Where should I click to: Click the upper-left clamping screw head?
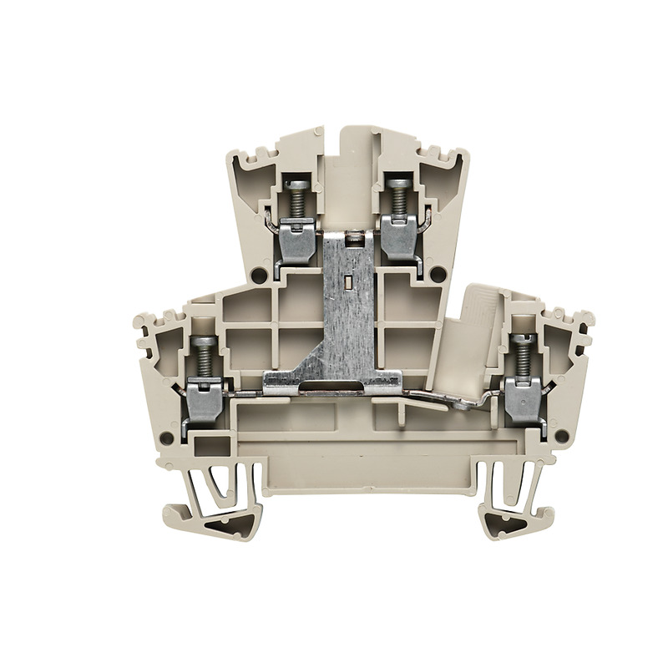tap(296, 184)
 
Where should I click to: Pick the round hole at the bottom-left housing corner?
tap(167, 438)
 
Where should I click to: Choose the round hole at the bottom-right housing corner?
tap(560, 435)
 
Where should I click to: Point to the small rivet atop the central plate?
tap(351, 237)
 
